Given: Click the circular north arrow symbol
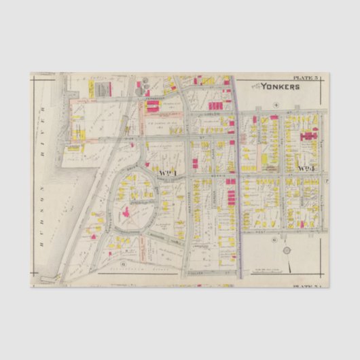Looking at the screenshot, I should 287,251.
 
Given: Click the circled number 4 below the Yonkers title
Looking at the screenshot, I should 276,104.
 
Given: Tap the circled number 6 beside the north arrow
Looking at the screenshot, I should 273,240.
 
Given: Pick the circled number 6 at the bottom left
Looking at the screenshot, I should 123,263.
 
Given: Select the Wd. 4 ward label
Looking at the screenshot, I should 306,167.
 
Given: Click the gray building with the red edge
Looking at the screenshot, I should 103,89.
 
